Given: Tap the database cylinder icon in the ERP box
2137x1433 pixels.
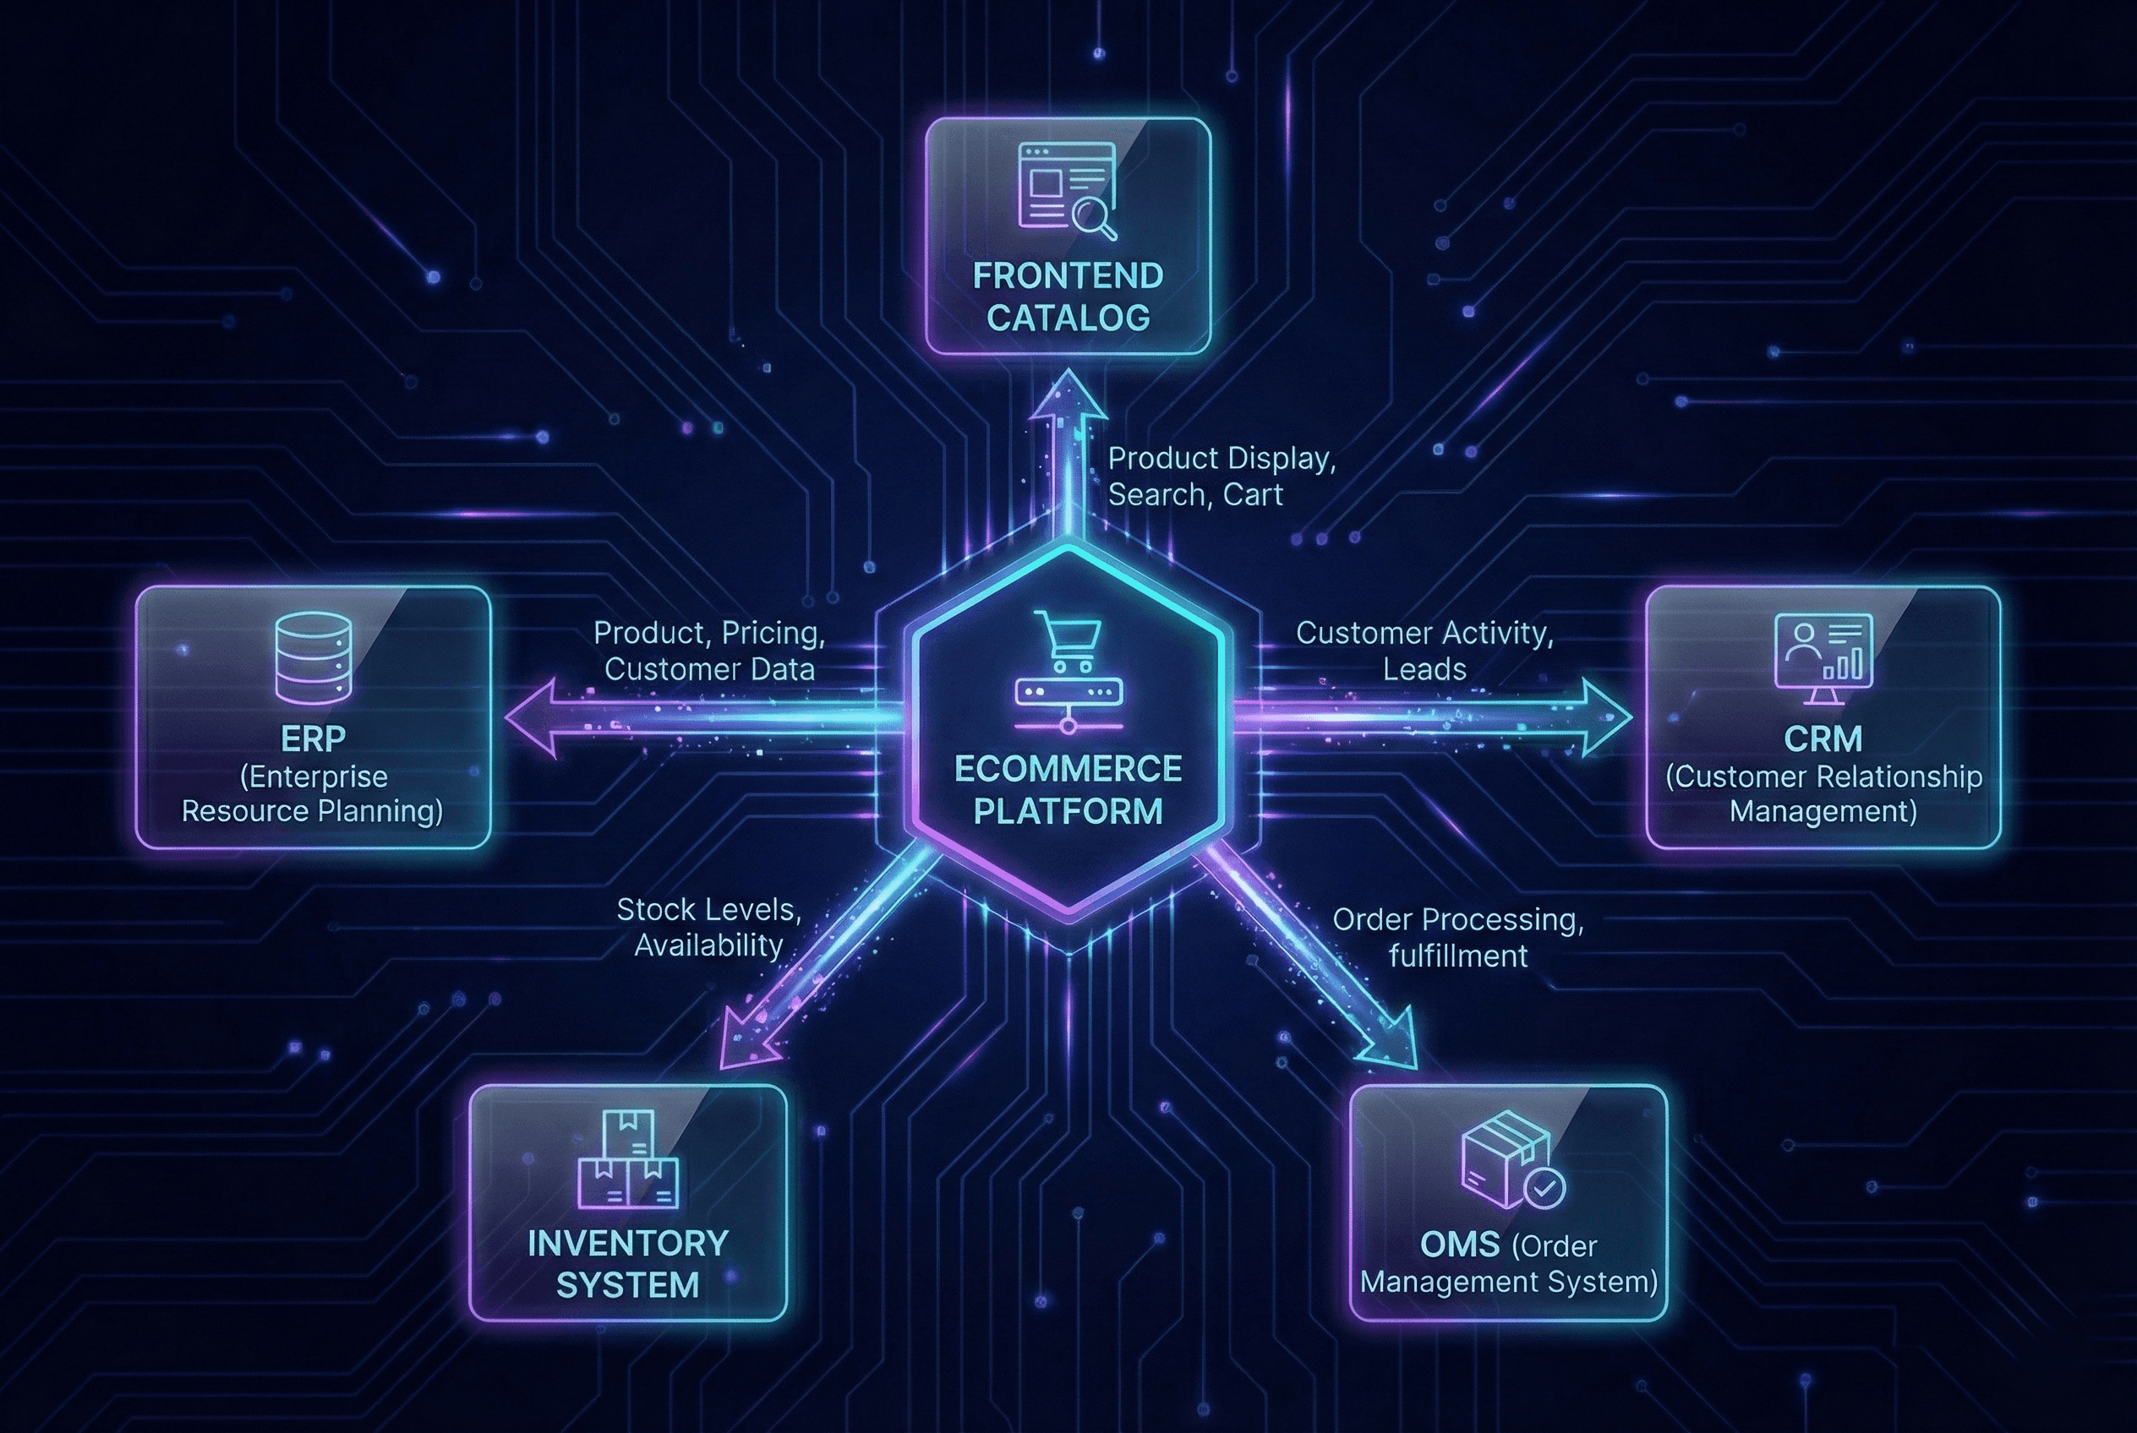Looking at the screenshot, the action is (x=313, y=658).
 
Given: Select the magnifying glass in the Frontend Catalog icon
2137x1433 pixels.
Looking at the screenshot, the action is (x=1094, y=219).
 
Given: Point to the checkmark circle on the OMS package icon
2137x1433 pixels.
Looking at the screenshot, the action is (x=1544, y=1187).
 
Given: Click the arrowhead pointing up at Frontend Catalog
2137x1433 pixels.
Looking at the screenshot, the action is (x=1068, y=398).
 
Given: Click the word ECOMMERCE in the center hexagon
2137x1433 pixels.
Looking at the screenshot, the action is (x=1068, y=770).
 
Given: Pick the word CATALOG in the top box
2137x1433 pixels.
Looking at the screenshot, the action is (x=1068, y=318).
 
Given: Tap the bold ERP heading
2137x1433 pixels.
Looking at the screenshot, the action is (x=313, y=738).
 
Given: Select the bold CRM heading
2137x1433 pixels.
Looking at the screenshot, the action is (x=1823, y=738).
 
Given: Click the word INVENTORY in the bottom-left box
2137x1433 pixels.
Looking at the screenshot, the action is (x=628, y=1244).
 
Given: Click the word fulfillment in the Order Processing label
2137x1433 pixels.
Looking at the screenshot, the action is (x=1457, y=956).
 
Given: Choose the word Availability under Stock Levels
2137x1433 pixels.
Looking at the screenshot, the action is (x=708, y=945).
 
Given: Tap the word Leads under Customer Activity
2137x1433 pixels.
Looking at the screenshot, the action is (x=1424, y=669).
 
